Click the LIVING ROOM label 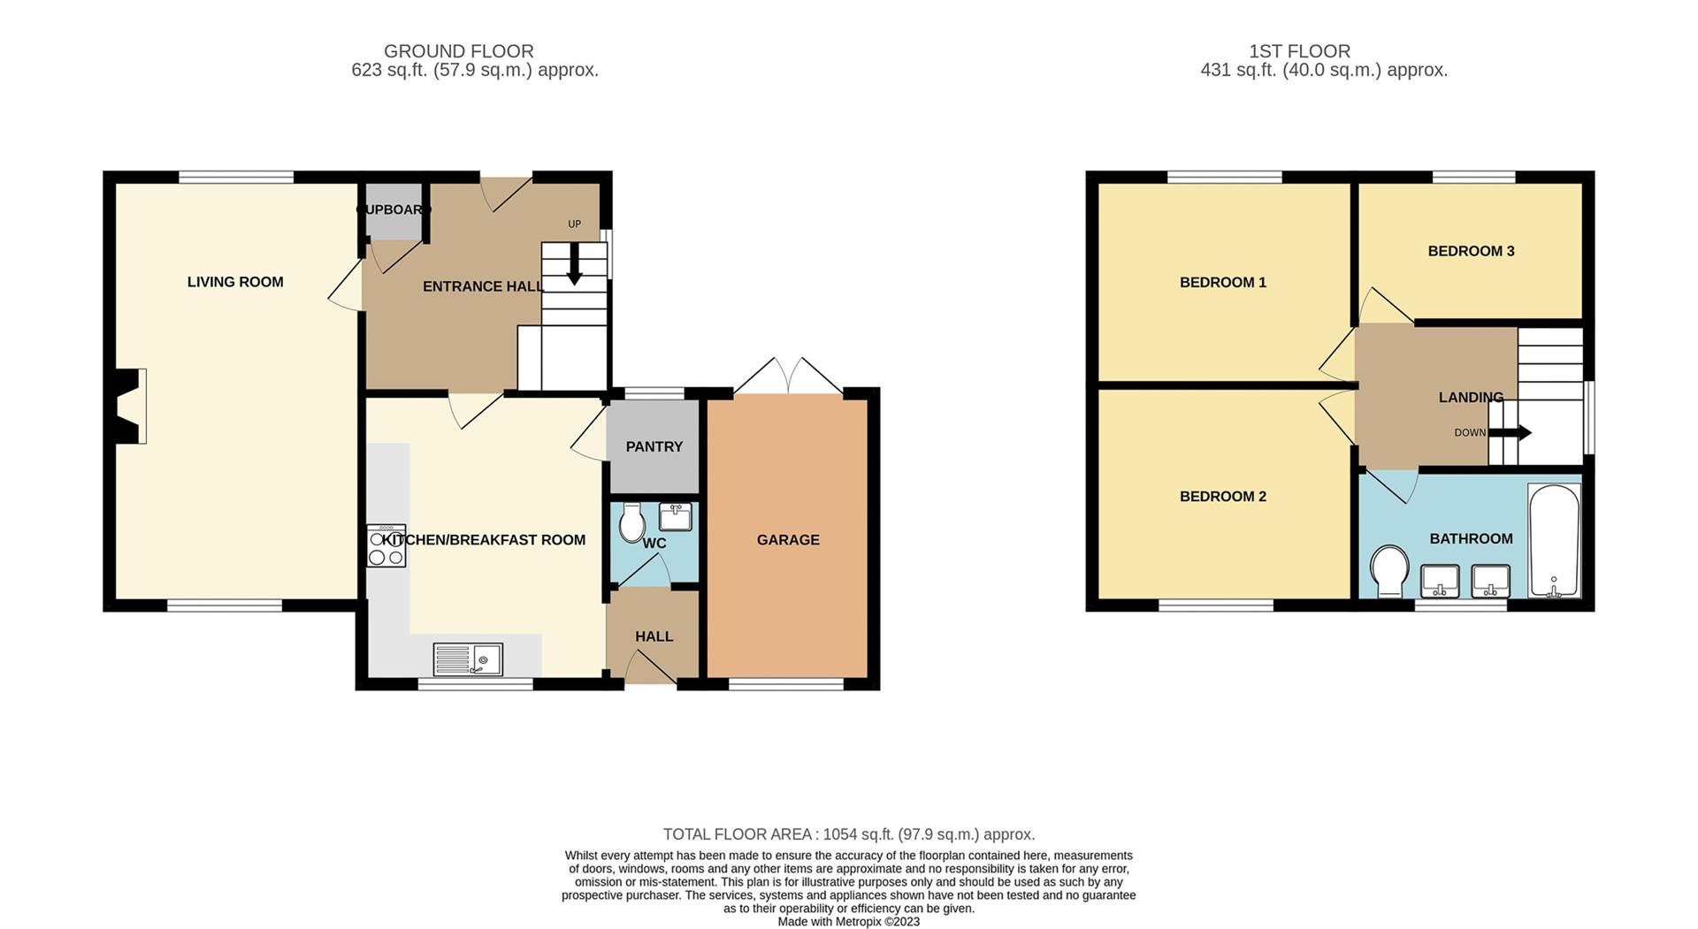pyautogui.click(x=235, y=282)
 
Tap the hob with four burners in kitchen pyautogui.click(x=386, y=546)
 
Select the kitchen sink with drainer pyautogui.click(x=468, y=659)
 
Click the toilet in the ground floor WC pyautogui.click(x=631, y=523)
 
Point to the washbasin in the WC pyautogui.click(x=675, y=515)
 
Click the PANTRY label pyautogui.click(x=654, y=446)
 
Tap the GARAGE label pyautogui.click(x=787, y=539)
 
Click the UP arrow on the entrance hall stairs pyautogui.click(x=574, y=266)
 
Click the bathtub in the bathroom pyautogui.click(x=1554, y=541)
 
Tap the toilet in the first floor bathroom pyautogui.click(x=1389, y=570)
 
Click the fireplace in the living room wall pyautogui.click(x=130, y=407)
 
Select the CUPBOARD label pyautogui.click(x=394, y=209)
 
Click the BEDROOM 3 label pyautogui.click(x=1471, y=251)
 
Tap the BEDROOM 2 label pyautogui.click(x=1222, y=496)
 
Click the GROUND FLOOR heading pyautogui.click(x=458, y=51)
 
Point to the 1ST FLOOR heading pyautogui.click(x=1299, y=51)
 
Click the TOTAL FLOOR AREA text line pyautogui.click(x=848, y=834)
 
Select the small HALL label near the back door pyautogui.click(x=654, y=636)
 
